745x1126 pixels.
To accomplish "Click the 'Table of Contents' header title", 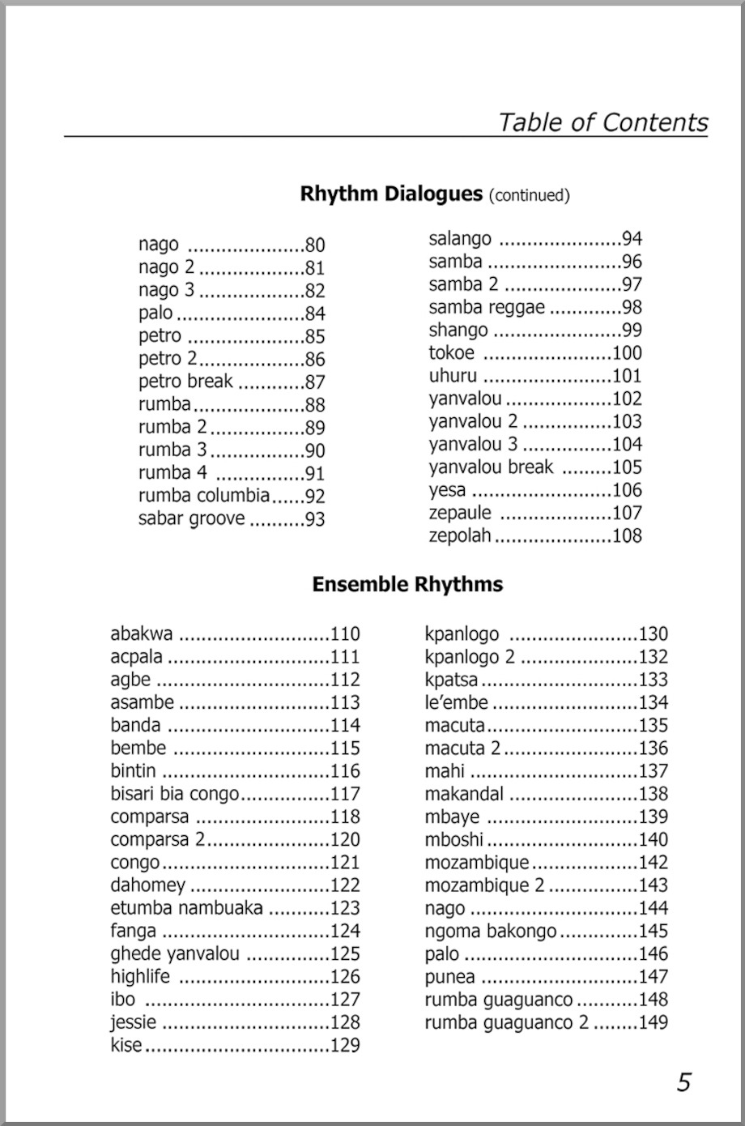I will click(602, 122).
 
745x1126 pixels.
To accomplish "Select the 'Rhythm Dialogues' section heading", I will click(391, 194).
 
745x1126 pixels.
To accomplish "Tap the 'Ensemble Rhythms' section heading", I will click(407, 585).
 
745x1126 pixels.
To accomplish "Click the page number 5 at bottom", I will click(684, 1082).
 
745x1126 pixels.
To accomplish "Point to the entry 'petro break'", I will click(185, 382).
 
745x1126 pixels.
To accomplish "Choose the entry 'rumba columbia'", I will click(204, 496).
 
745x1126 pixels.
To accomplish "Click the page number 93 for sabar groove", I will click(314, 519).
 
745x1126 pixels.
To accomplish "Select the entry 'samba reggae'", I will click(487, 307).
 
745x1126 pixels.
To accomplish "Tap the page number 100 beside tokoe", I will click(627, 353).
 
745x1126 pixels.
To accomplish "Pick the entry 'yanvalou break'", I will click(491, 467).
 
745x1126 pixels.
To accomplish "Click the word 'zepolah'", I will click(459, 535).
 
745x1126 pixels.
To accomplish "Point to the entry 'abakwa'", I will click(142, 633).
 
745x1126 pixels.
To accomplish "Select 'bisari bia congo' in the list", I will click(175, 794).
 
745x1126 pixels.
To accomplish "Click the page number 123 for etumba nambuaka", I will click(345, 908).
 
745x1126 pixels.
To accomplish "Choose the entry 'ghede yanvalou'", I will click(175, 953).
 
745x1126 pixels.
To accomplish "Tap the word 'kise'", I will click(126, 1045).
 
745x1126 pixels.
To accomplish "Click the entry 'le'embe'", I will click(456, 702).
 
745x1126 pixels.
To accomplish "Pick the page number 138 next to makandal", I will click(653, 794).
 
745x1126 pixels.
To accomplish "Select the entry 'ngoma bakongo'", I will click(491, 931).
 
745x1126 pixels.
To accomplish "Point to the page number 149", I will click(653, 1022).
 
